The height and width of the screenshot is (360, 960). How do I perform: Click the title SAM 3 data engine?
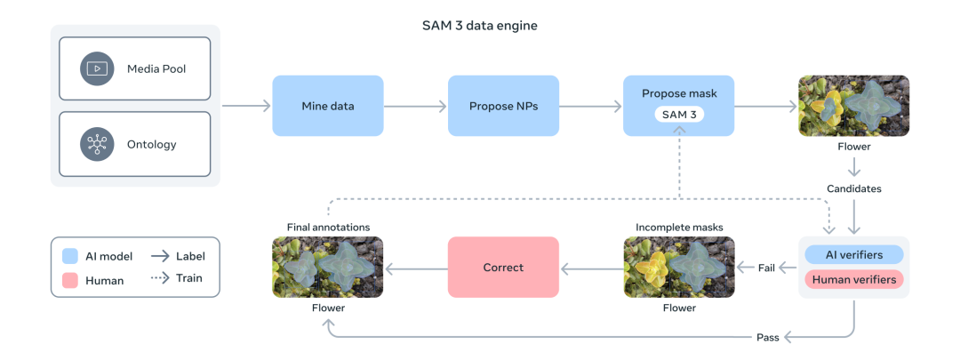coord(479,26)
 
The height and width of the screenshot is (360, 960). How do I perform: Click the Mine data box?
coord(327,106)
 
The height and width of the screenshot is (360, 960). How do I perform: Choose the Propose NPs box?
coord(503,106)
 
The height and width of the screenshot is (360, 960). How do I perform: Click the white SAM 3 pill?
coord(679,116)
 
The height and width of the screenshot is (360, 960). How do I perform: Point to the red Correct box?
coord(503,267)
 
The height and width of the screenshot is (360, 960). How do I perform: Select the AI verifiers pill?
coord(853,254)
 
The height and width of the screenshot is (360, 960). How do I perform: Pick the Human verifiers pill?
coord(853,278)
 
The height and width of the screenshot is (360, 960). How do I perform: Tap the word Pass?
coord(766,338)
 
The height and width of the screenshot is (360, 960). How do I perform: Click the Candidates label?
coord(853,188)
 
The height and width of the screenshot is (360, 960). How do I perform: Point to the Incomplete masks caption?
coord(679,227)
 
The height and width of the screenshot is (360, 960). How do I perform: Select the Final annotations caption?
coord(328,227)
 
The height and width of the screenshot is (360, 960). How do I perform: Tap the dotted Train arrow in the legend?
coord(161,278)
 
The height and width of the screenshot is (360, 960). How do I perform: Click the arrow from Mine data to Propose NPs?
coord(415,106)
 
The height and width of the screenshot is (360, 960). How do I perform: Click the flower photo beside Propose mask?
coord(853,106)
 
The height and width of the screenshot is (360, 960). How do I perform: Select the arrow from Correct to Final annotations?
coord(415,267)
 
